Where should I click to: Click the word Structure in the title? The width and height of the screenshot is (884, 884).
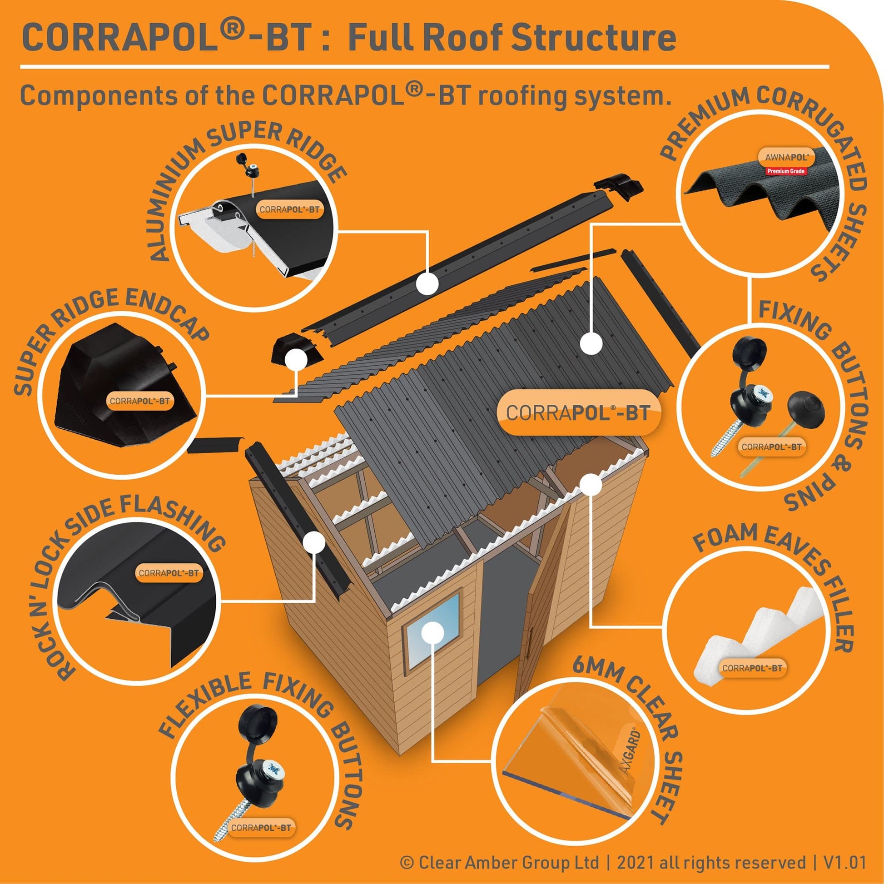tap(593, 38)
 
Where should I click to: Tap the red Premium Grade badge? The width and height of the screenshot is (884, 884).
tap(786, 171)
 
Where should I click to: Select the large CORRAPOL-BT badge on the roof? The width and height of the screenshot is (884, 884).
tap(579, 413)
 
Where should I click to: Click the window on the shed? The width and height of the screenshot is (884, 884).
tap(432, 628)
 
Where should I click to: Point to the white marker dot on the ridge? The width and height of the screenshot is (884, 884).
tap(428, 283)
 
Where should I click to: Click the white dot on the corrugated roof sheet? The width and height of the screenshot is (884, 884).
tap(591, 343)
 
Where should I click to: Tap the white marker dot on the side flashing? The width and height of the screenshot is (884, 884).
tap(314, 542)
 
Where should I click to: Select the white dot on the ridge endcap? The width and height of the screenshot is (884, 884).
tap(296, 359)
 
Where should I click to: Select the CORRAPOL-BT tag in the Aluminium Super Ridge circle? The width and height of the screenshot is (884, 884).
tap(289, 209)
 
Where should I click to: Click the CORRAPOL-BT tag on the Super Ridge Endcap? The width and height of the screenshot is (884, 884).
tap(139, 401)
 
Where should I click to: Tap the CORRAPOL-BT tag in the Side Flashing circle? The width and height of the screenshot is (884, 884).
tap(169, 573)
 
